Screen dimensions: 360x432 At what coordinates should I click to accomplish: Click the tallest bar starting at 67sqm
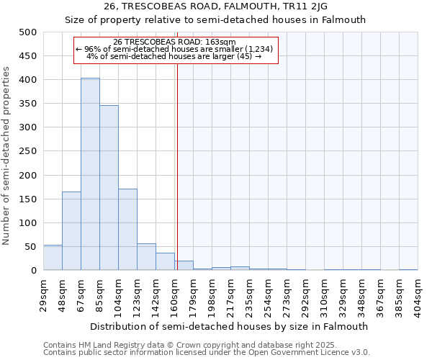click(90, 174)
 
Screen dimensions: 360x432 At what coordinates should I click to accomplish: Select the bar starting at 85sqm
click(109, 188)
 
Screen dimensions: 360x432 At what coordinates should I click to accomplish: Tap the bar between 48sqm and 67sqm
click(71, 231)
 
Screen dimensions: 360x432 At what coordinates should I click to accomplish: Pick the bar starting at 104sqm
click(127, 230)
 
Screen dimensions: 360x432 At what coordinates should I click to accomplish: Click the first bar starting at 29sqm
click(53, 258)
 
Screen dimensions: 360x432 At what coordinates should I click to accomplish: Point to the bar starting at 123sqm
click(146, 257)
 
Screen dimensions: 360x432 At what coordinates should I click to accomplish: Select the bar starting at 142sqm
click(165, 262)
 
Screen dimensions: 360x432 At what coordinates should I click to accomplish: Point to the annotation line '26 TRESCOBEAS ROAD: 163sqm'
click(175, 42)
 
